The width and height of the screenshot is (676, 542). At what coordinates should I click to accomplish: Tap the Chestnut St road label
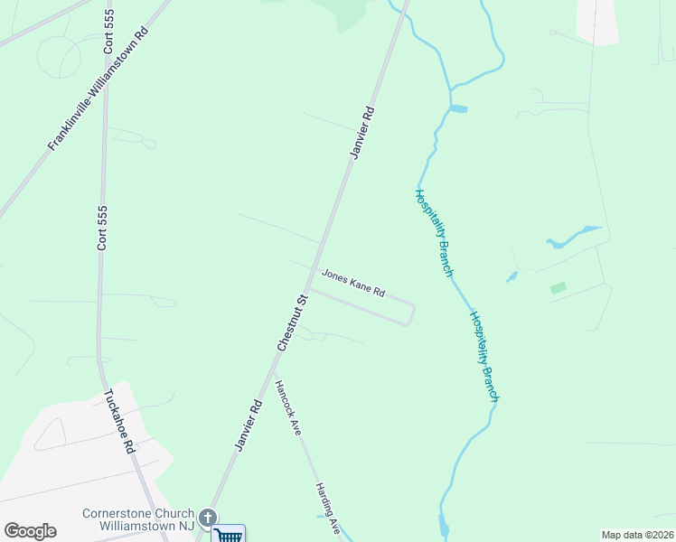(x=294, y=322)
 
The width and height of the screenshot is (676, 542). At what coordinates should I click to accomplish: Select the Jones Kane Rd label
(x=354, y=284)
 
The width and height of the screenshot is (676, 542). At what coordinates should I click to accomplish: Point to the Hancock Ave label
(x=288, y=407)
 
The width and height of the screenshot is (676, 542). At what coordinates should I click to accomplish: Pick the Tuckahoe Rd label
(x=119, y=421)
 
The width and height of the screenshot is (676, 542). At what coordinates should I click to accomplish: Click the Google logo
(x=31, y=531)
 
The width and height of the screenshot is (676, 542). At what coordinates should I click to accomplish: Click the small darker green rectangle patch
(x=559, y=288)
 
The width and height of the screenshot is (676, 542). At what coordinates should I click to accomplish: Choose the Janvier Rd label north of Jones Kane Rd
(x=361, y=134)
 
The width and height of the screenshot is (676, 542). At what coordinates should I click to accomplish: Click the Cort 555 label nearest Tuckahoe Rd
(x=102, y=227)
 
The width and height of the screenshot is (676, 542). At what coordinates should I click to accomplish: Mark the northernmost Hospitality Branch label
(x=434, y=231)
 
